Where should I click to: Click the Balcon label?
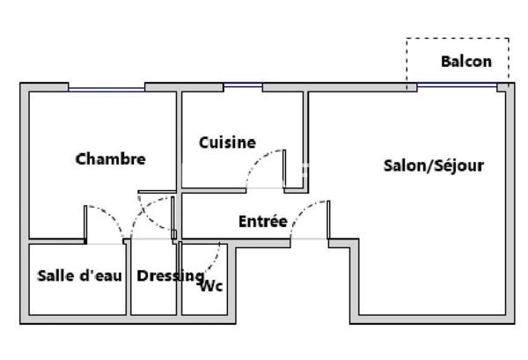[x=466, y=62]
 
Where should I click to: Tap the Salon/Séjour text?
[x=434, y=165]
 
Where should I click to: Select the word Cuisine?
[x=227, y=143]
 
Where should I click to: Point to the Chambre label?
[x=111, y=159]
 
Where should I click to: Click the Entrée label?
[x=263, y=221]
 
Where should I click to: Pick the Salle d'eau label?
[x=79, y=276]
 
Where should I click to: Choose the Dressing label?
[x=171, y=276]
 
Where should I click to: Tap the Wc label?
[x=212, y=286]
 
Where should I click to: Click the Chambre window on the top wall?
[x=106, y=89]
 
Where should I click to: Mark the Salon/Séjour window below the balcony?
[x=458, y=84]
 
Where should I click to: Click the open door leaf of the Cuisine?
[x=284, y=168]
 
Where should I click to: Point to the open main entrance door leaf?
[x=328, y=219]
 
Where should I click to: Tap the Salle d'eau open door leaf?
[x=85, y=223]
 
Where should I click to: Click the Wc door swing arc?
[x=215, y=258]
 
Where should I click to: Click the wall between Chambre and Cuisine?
[x=180, y=141]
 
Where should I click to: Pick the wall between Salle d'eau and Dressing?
[x=128, y=279]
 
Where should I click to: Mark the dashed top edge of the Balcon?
[x=458, y=39]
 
